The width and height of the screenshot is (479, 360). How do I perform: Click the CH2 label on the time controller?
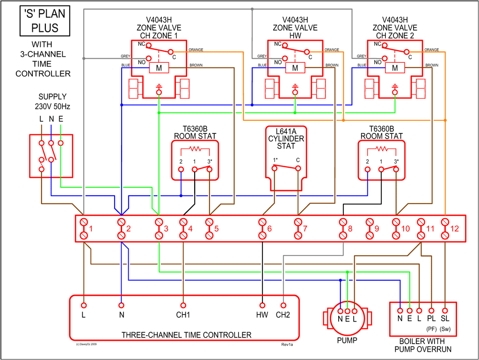click(283, 315)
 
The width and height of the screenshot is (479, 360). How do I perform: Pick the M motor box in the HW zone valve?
click(295, 68)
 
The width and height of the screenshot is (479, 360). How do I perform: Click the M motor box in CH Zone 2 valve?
click(395, 68)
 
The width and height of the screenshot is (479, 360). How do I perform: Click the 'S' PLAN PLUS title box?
click(42, 21)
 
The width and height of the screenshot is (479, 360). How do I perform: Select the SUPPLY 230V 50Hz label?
click(52, 101)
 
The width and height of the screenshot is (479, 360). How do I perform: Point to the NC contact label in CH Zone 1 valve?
click(141, 44)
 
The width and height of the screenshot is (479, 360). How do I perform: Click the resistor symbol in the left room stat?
click(195, 149)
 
